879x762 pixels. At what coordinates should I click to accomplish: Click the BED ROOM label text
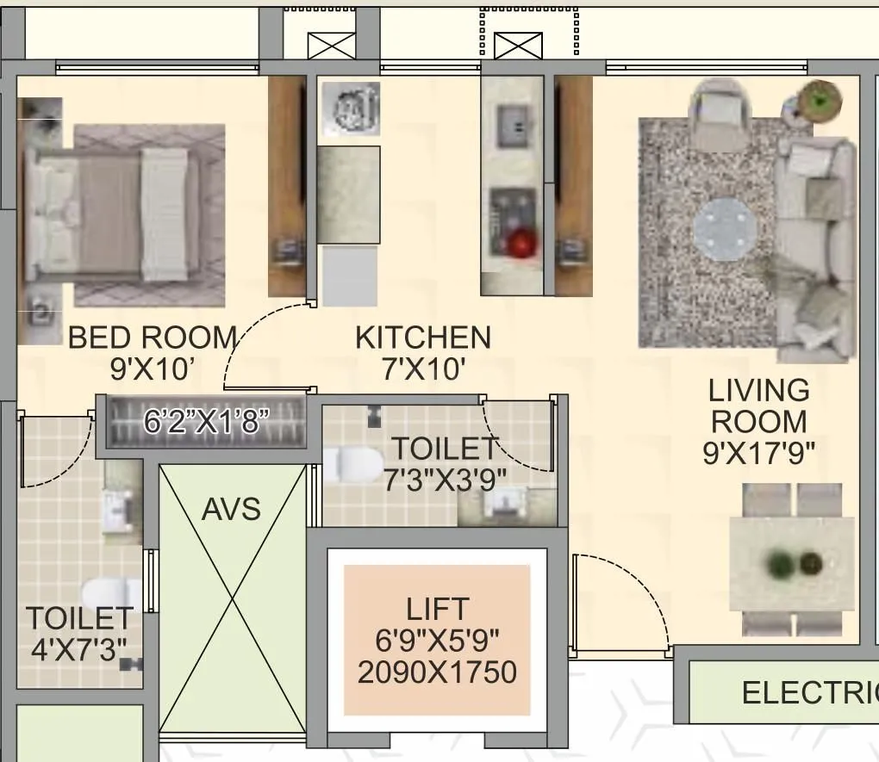pos(153,337)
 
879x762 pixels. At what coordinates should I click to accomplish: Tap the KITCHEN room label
pos(423,338)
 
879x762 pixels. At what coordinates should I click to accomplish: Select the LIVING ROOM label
pos(758,406)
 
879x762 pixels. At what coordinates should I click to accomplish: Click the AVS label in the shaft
pos(231,509)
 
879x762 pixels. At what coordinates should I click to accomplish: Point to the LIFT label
pos(438,610)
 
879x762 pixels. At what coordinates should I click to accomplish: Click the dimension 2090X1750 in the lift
pos(437,672)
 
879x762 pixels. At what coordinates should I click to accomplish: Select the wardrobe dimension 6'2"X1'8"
pos(206,422)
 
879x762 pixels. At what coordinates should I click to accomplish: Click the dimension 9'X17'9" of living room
pos(758,453)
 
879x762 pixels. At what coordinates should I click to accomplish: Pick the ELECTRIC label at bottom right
pos(808,692)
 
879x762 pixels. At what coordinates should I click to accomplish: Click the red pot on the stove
pos(520,245)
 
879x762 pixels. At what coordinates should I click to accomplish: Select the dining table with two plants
pos(791,565)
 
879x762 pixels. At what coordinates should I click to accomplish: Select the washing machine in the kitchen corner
pos(350,109)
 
